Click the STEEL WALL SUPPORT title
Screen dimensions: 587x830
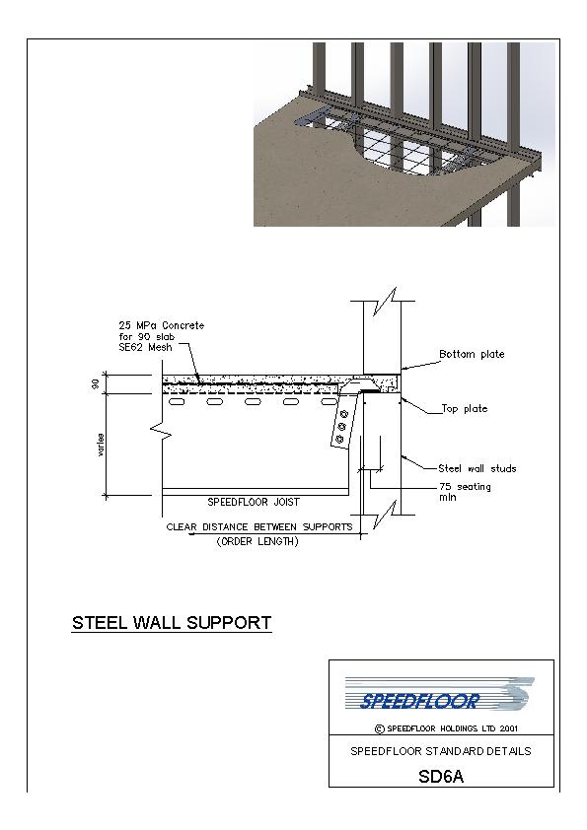(172, 623)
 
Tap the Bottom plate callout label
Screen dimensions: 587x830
(472, 354)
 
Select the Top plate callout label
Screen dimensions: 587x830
(465, 409)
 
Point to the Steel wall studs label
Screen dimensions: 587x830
(477, 468)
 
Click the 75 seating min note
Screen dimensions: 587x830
(465, 492)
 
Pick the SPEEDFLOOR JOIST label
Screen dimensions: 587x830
(254, 502)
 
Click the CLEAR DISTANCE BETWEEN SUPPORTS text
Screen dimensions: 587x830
(259, 527)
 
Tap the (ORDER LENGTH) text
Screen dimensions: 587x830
(257, 541)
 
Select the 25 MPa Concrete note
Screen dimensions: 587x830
(161, 325)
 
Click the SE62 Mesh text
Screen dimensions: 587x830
(145, 347)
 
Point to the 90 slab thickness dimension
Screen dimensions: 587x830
(96, 383)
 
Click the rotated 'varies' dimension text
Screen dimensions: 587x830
(101, 446)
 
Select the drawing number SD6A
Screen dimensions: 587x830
(441, 776)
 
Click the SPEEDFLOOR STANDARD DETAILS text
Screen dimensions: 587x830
(441, 751)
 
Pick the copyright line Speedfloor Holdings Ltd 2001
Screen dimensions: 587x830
(446, 728)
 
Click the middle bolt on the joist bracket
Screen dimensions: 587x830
(341, 427)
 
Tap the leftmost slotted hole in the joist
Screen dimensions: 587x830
(177, 402)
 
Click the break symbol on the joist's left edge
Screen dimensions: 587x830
(161, 432)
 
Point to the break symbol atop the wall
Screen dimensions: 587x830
(385, 302)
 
